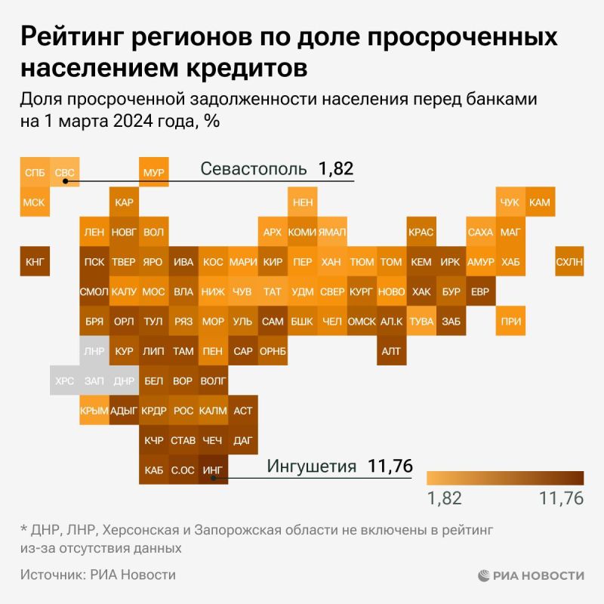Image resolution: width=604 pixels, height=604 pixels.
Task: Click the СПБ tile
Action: tap(35, 173)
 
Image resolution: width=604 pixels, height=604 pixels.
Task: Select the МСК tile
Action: tap(35, 202)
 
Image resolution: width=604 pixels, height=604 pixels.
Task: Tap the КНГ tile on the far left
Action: tap(35, 262)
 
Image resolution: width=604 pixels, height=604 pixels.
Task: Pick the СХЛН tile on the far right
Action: tap(569, 262)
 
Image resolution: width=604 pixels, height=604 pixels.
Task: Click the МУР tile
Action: tap(153, 173)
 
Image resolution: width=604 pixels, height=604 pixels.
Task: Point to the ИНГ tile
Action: tap(213, 470)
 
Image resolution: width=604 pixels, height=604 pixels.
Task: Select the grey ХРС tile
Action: tap(65, 381)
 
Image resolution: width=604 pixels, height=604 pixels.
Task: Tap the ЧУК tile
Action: tap(510, 202)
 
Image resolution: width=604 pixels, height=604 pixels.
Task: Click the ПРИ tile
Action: tap(510, 321)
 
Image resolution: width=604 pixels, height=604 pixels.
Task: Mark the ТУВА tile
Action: tap(421, 321)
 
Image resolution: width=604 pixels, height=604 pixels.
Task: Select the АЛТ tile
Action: tap(391, 351)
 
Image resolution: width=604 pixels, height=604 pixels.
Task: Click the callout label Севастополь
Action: tap(253, 168)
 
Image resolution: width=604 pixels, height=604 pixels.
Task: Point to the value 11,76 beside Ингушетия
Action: tap(390, 467)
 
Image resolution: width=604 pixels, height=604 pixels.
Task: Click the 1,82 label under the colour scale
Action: tap(444, 498)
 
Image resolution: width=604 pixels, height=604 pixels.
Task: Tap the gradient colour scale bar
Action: tap(505, 478)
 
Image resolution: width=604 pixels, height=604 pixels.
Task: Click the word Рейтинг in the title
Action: tap(72, 38)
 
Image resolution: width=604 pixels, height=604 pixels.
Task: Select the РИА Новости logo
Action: tap(531, 575)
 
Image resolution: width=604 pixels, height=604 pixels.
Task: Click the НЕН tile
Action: tap(302, 202)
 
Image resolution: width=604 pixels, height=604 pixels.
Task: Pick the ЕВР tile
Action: tap(480, 291)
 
